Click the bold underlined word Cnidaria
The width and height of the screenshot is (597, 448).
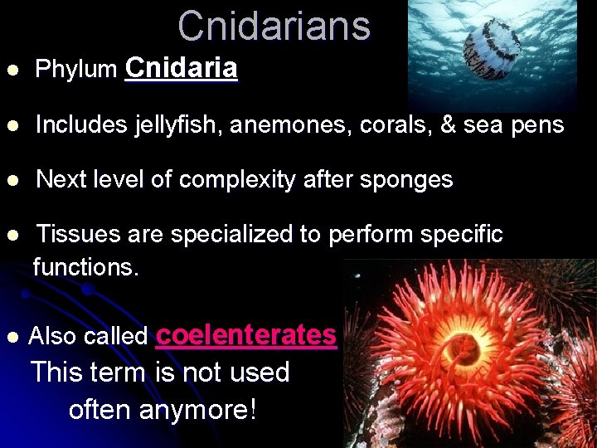coord(182,68)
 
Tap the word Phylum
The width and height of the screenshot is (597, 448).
coord(76,70)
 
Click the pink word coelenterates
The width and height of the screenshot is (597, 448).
coord(246,334)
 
